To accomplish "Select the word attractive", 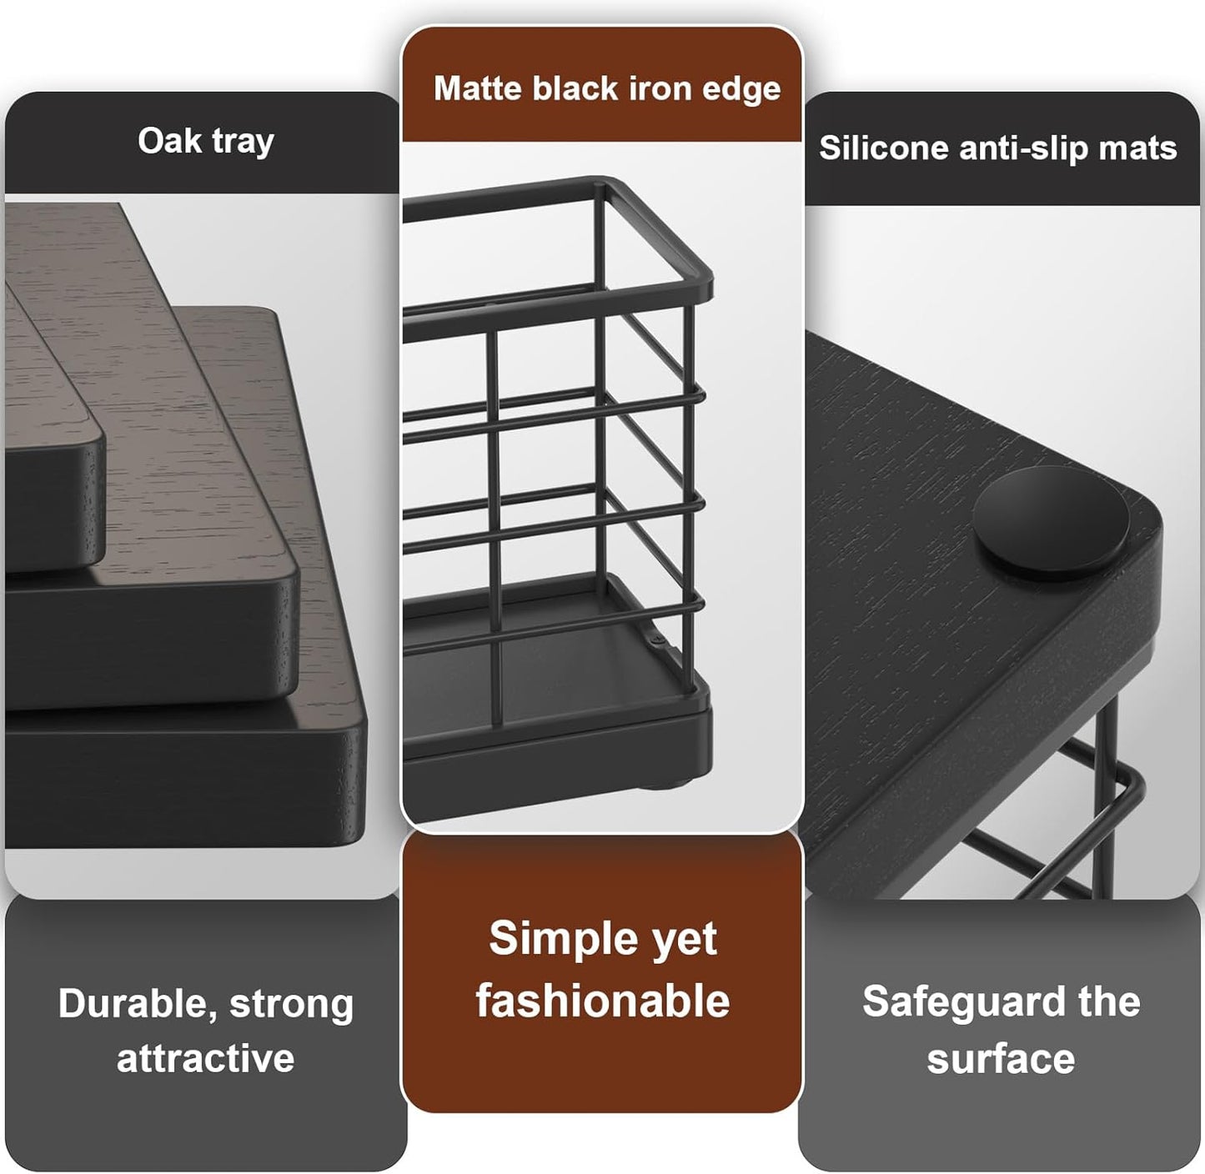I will [x=205, y=1058].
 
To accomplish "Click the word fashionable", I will [x=602, y=1001].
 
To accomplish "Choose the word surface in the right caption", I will [x=1000, y=1058].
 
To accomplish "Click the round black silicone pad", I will [x=1051, y=523].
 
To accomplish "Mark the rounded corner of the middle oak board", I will [x=288, y=575].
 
